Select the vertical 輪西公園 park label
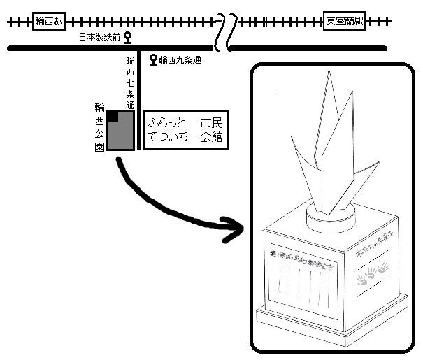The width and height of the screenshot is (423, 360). (x=100, y=127)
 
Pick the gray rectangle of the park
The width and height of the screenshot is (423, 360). (x=122, y=133)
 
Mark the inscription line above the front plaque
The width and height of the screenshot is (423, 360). (x=303, y=261)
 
